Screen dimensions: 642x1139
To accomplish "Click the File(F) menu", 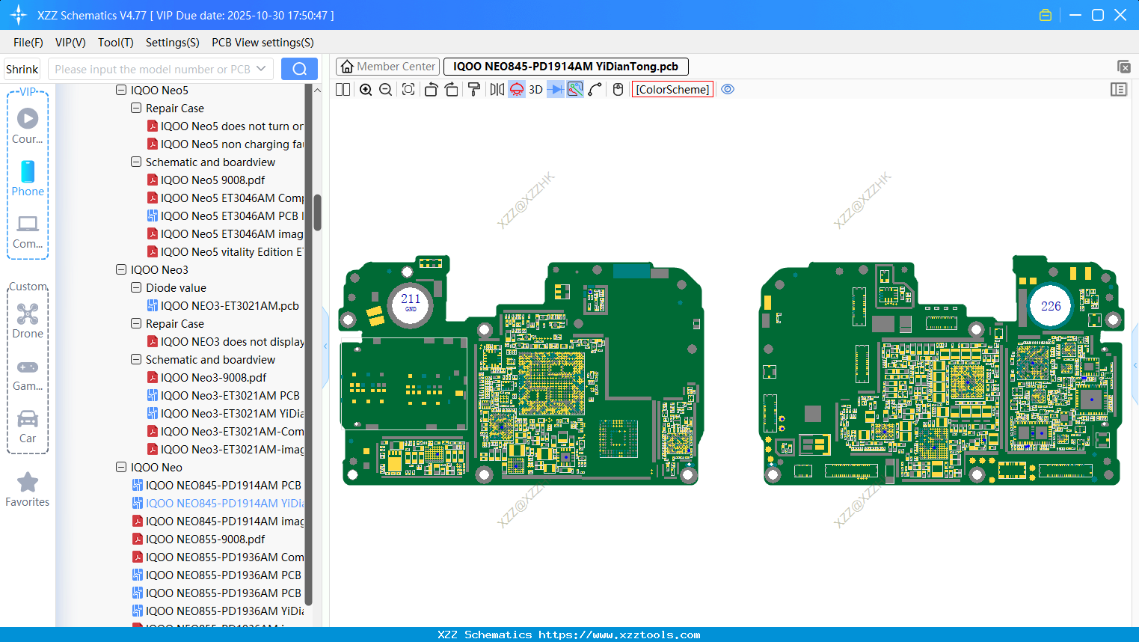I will point(28,43).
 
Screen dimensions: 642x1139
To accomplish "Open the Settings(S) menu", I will point(172,43).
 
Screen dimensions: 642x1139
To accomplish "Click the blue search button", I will point(299,69).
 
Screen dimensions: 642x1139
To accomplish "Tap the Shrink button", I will point(22,69).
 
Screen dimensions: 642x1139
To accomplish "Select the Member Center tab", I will point(388,67).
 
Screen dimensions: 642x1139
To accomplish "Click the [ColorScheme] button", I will point(672,89).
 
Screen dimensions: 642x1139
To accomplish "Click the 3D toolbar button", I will point(535,89).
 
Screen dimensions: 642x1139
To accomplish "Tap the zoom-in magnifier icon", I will point(366,89).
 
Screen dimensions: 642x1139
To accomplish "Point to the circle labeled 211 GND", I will point(411,303).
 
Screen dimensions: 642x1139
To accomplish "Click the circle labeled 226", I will point(1051,306).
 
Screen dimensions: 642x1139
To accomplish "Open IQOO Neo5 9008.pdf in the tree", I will point(212,180).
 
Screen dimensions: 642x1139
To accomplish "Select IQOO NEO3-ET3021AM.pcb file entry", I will point(229,306).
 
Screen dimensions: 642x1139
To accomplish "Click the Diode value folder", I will point(176,288).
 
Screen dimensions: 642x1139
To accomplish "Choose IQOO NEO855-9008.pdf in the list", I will point(205,539).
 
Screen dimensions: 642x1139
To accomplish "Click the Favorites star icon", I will point(28,483).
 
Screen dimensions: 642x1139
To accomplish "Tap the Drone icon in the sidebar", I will point(28,314).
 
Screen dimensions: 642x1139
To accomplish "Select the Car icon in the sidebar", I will point(28,419).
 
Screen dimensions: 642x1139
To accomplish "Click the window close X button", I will point(1120,15).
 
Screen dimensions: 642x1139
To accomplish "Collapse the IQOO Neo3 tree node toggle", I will point(121,270).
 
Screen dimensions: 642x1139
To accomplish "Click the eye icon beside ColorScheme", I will point(728,89).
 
